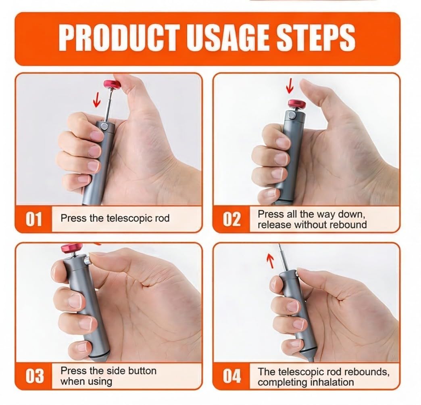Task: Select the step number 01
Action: pos(34,219)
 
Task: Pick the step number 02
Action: pos(232,219)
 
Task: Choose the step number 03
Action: pos(34,376)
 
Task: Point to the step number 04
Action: pos(232,376)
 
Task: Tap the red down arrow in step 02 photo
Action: pos(289,86)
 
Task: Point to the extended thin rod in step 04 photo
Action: pos(281,258)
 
